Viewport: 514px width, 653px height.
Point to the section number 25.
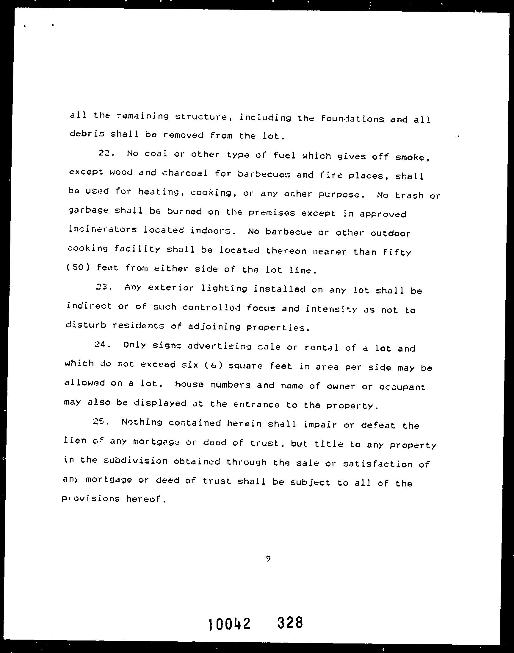(101, 421)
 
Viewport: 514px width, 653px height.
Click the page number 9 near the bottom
(268, 559)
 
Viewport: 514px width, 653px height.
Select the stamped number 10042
(229, 623)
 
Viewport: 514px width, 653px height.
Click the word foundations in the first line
(352, 119)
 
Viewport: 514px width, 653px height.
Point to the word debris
(87, 133)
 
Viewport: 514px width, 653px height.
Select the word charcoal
(185, 173)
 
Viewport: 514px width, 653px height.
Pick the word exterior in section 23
(171, 288)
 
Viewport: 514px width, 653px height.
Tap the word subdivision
(135, 461)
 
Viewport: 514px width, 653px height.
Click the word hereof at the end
(146, 499)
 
